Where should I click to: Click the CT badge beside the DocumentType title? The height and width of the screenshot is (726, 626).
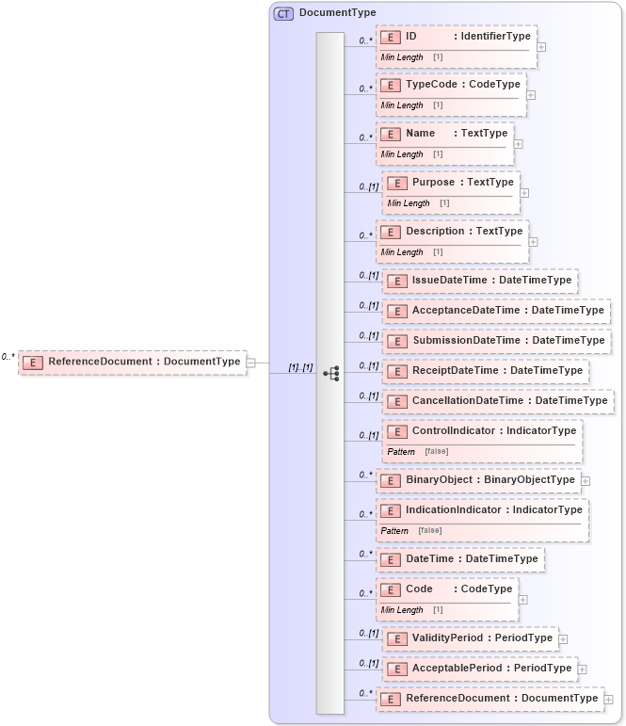pyautogui.click(x=283, y=13)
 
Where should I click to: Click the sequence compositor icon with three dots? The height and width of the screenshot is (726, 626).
pyautogui.click(x=330, y=374)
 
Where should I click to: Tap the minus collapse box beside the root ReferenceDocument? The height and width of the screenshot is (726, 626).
pyautogui.click(x=251, y=362)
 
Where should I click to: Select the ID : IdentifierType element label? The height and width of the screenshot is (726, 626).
pyautogui.click(x=467, y=36)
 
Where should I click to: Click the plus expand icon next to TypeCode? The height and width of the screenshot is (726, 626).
pyautogui.click(x=531, y=94)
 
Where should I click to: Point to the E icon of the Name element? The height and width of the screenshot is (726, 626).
pyautogui.click(x=390, y=134)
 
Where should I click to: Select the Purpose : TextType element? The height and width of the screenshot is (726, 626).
pyautogui.click(x=461, y=183)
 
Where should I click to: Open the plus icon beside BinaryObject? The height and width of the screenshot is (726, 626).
pyautogui.click(x=586, y=480)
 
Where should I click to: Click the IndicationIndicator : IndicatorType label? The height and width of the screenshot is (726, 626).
pyautogui.click(x=493, y=510)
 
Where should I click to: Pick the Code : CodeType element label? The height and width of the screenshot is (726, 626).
pyautogui.click(x=458, y=589)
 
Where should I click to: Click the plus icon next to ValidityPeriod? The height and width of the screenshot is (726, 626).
pyautogui.click(x=563, y=638)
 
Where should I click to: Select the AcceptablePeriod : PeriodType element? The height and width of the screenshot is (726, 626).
pyautogui.click(x=490, y=669)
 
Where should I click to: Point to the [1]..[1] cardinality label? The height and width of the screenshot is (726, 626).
pyautogui.click(x=300, y=367)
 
